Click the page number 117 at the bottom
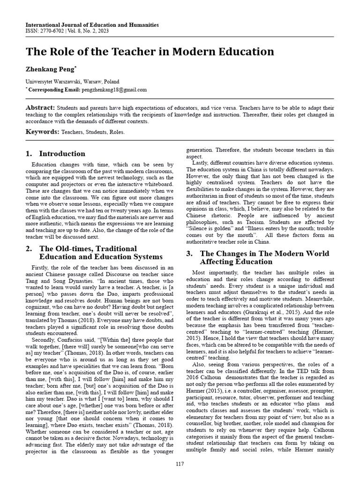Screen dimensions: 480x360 tap(180, 464)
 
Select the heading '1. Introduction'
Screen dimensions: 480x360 tap(56, 154)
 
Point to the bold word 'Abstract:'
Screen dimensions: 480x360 tap(40, 107)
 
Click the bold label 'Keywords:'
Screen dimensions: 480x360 tap(42, 132)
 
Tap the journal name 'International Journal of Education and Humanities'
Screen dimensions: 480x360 tap(92, 25)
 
